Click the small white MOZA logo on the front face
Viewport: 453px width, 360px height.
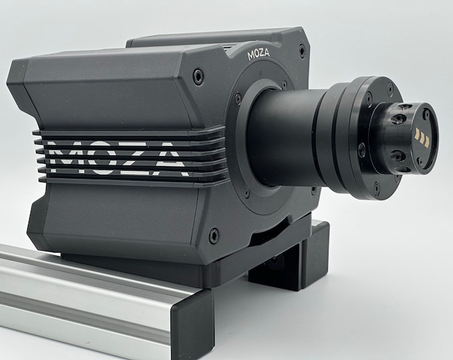[x=258, y=55]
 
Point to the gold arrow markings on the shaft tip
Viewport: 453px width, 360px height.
[x=422, y=137]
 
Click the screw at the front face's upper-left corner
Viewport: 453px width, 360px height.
[x=199, y=75]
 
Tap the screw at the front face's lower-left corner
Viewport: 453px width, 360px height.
[x=214, y=235]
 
